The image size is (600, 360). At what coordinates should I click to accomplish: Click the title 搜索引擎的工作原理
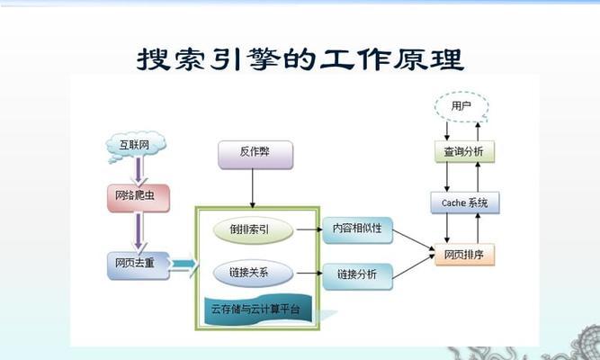pyautogui.click(x=300, y=59)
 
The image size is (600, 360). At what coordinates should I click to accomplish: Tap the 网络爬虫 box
pyautogui.click(x=138, y=195)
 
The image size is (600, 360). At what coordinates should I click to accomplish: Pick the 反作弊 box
pyautogui.click(x=255, y=155)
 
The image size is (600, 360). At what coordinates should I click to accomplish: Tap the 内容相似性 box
pyautogui.click(x=357, y=229)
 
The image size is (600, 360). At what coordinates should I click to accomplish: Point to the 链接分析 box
pyautogui.click(x=357, y=274)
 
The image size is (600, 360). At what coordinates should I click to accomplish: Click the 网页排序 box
pyautogui.click(x=464, y=254)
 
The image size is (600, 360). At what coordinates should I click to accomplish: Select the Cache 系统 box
pyautogui.click(x=464, y=203)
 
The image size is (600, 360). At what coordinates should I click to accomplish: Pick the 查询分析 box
pyautogui.click(x=464, y=151)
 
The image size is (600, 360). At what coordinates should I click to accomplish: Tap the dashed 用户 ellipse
pyautogui.click(x=461, y=106)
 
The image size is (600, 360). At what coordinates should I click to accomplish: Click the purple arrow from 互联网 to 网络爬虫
pyautogui.click(x=138, y=170)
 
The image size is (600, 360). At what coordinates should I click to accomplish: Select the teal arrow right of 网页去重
pyautogui.click(x=183, y=264)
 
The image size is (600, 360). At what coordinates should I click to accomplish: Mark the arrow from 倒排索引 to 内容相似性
pyautogui.click(x=308, y=229)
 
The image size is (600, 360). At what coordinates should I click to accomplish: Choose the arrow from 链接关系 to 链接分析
pyautogui.click(x=308, y=273)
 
